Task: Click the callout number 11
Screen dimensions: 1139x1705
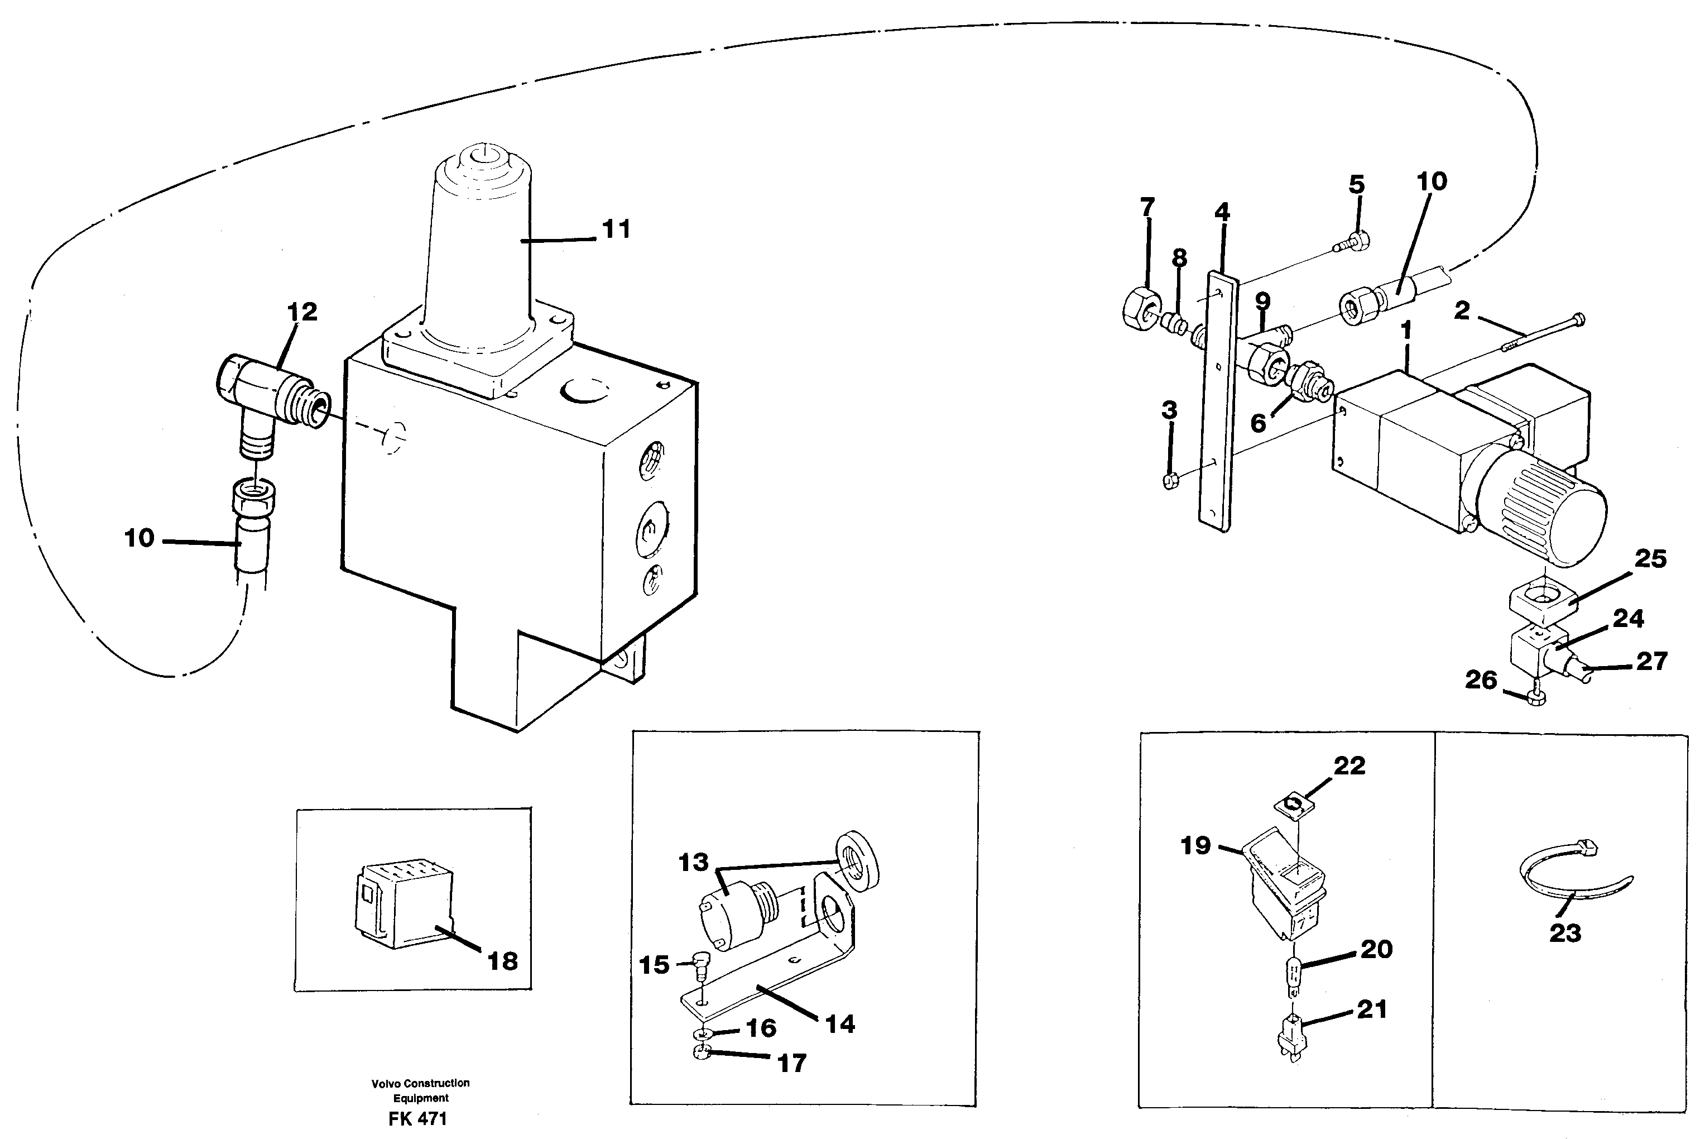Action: [617, 229]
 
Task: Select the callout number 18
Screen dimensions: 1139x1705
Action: [502, 962]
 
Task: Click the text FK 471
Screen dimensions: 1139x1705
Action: [417, 1119]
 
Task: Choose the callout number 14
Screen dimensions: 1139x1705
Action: [840, 1024]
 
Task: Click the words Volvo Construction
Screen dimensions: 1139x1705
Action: [420, 1083]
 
